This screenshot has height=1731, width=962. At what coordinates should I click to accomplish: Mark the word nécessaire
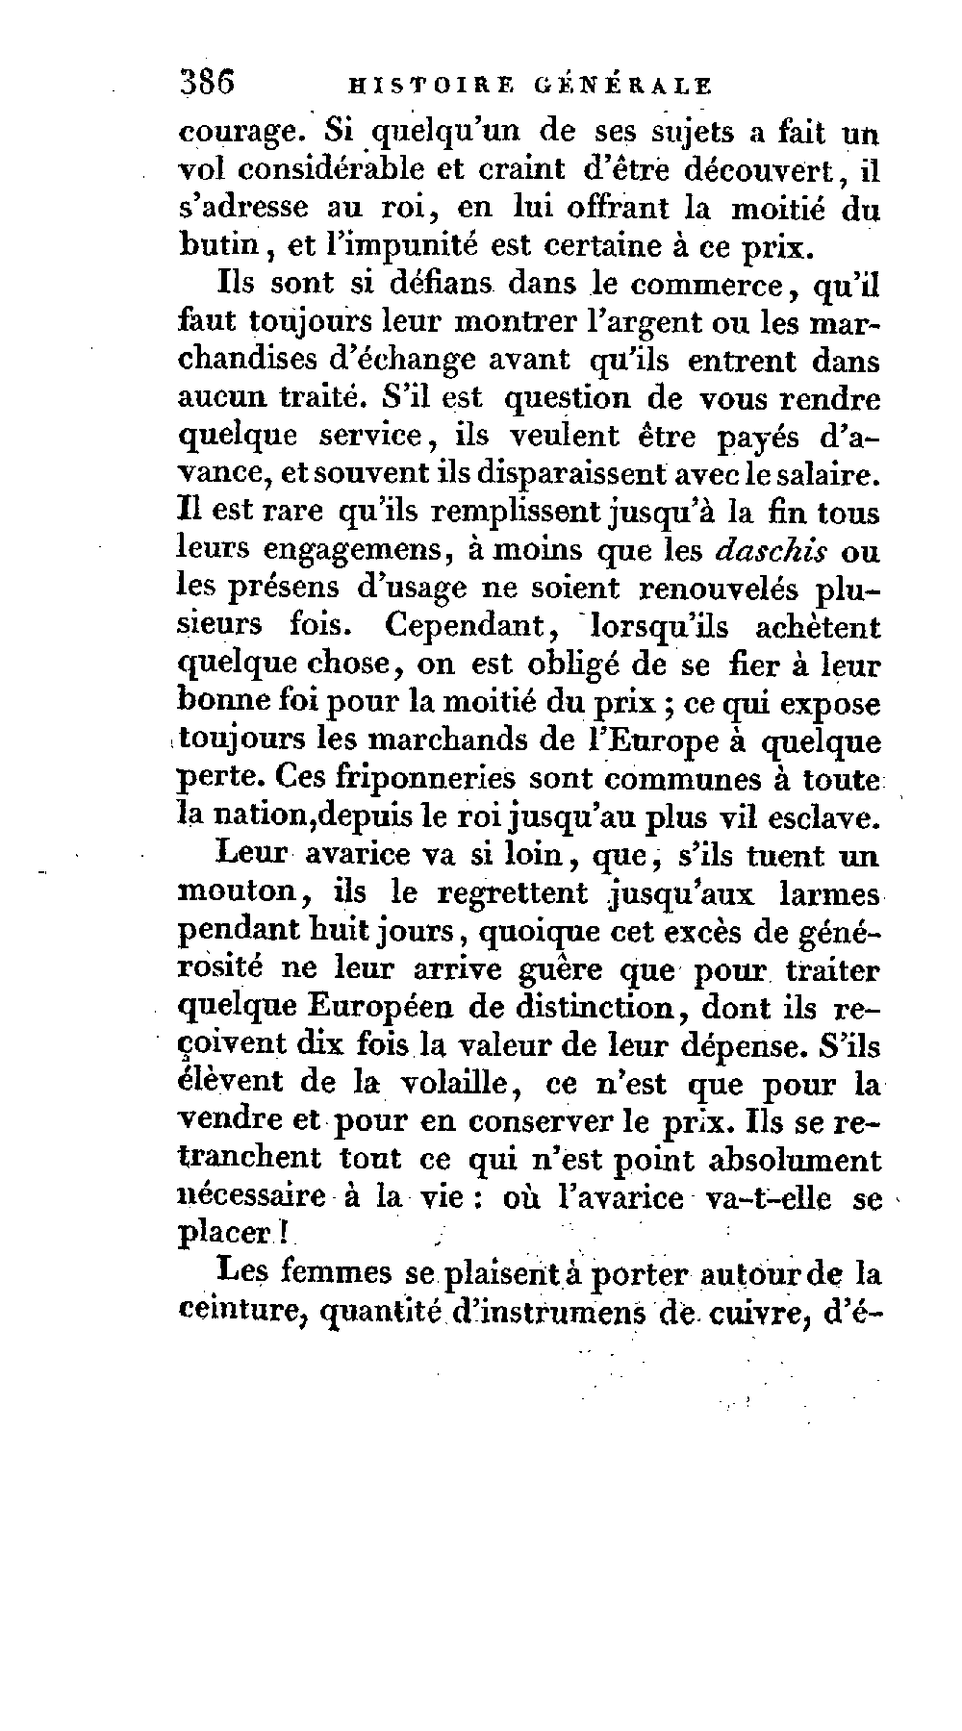[252, 1197]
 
